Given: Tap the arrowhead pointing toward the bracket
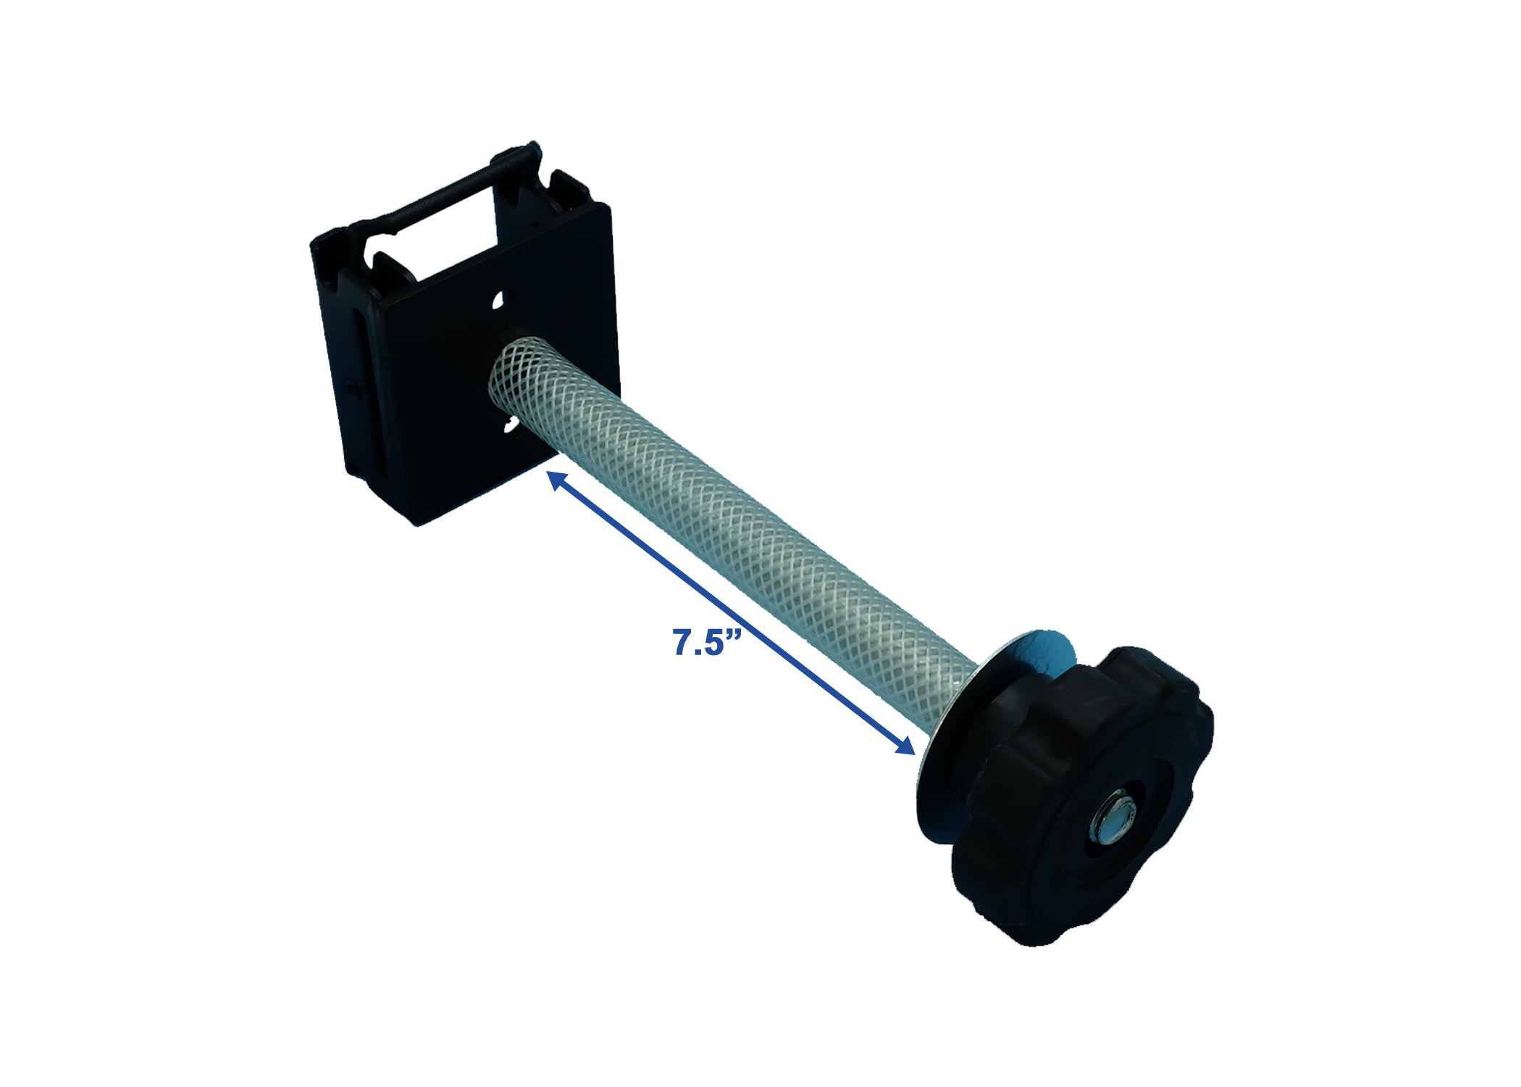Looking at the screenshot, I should pyautogui.click(x=556, y=479).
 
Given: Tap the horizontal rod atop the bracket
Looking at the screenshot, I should pyautogui.click(x=464, y=188).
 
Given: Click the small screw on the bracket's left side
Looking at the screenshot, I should pyautogui.click(x=353, y=389).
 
